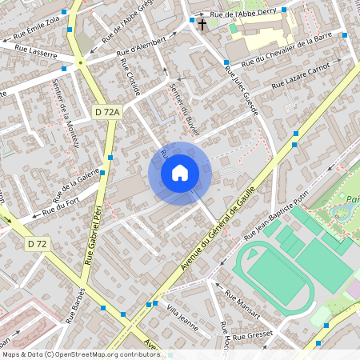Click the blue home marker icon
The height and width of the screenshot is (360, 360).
180,173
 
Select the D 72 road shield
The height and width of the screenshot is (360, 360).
36,243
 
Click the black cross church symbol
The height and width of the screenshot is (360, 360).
202,24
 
